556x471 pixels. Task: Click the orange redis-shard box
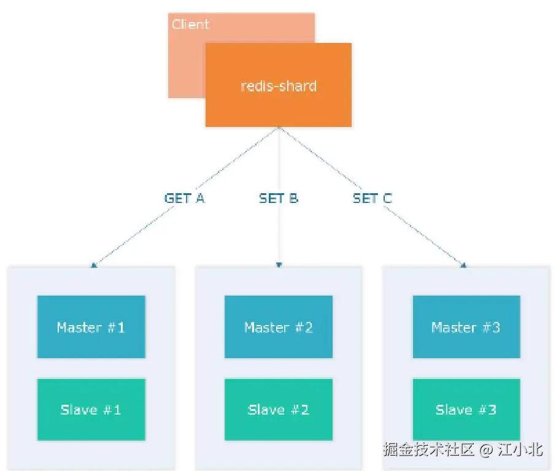[278, 104]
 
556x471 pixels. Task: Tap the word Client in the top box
[190, 25]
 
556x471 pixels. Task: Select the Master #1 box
[91, 327]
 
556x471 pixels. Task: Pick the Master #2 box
[278, 327]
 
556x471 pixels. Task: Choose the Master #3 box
[466, 327]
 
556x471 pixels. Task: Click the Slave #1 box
[91, 410]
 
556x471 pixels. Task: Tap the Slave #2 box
[278, 410]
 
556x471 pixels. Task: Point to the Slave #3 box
[466, 410]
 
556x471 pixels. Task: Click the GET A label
[184, 198]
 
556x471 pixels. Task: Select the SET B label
[278, 198]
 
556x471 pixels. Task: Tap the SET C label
[372, 198]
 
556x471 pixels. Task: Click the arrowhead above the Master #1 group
[93, 266]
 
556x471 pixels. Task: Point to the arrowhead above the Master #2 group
[279, 266]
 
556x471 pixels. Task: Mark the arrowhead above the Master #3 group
[464, 266]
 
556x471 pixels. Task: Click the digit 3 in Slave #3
[492, 410]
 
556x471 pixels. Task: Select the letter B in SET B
[293, 198]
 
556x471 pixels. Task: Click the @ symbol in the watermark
[486, 450]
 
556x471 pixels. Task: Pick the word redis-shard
[278, 85]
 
